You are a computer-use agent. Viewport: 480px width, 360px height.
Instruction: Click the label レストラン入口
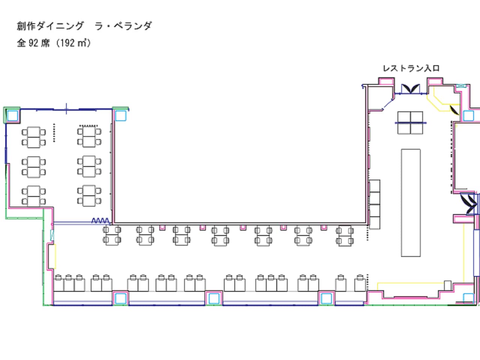(411, 68)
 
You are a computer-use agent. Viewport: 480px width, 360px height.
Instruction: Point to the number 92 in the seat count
(33, 43)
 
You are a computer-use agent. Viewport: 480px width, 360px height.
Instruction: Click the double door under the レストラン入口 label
(410, 89)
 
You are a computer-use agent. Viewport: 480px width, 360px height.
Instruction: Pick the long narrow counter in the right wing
(411, 202)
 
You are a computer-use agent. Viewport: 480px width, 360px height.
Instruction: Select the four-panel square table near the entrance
(410, 123)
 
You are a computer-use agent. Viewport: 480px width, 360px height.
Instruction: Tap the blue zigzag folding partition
(100, 221)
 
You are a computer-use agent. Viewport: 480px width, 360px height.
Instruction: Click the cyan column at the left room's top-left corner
(12, 115)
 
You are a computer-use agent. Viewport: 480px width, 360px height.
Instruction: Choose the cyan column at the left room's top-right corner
(120, 115)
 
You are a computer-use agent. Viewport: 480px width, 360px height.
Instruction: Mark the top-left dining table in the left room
(34, 137)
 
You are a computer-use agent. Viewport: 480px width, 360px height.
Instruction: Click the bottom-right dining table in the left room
(89, 195)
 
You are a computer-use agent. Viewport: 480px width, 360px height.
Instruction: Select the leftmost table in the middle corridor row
(112, 235)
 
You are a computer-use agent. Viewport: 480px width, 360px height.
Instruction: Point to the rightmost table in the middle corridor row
(345, 235)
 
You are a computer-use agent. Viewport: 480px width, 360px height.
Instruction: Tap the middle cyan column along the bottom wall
(214, 298)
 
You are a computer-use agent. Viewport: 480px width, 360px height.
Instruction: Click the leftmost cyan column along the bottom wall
(120, 298)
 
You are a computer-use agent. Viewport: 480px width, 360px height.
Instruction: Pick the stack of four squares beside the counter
(375, 204)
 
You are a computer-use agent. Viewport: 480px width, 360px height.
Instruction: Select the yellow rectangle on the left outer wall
(52, 257)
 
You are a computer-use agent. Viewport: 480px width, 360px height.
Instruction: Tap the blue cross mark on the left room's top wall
(66, 109)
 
